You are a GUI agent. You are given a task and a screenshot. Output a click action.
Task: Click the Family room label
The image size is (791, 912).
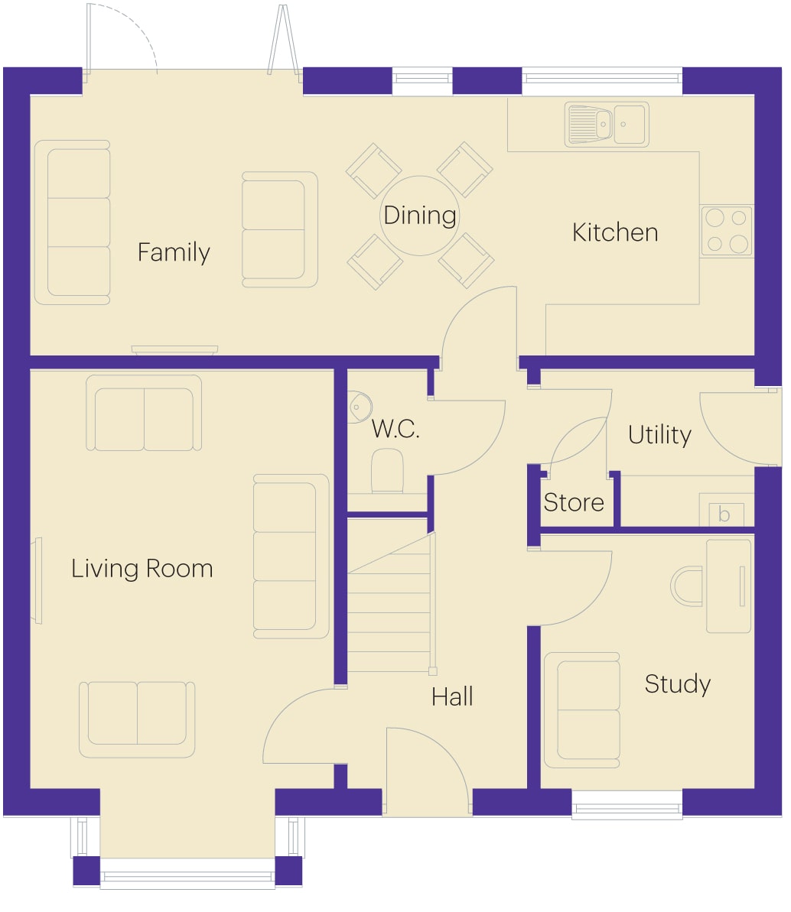pos(174,253)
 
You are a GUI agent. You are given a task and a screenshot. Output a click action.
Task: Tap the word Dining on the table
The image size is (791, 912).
pos(420,216)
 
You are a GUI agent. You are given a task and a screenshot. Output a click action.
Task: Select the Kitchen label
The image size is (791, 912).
pos(615,232)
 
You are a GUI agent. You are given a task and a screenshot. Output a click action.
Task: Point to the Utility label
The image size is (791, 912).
pos(659,435)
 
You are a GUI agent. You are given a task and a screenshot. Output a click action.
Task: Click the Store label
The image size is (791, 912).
pos(573,502)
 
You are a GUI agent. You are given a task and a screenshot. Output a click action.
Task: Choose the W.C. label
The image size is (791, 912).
pos(395,430)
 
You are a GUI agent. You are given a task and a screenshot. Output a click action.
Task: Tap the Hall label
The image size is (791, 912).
pos(452,696)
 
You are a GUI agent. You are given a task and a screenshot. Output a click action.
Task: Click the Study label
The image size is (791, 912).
pos(678,685)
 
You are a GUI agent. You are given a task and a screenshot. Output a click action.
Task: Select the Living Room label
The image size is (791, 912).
pos(142,569)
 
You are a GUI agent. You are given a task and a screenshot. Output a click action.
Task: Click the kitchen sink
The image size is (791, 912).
pos(607,125)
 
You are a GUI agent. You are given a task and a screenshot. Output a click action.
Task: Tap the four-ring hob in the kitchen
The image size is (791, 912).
pos(727,231)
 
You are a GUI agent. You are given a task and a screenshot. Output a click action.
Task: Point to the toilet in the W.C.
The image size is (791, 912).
pos(387,471)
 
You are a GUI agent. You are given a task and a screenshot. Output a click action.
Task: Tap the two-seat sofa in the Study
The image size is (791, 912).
pos(581,710)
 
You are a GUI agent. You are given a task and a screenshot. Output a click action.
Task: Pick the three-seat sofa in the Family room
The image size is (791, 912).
pos(72,222)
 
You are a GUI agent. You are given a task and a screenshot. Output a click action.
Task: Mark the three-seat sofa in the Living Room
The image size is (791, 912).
pos(291,557)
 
